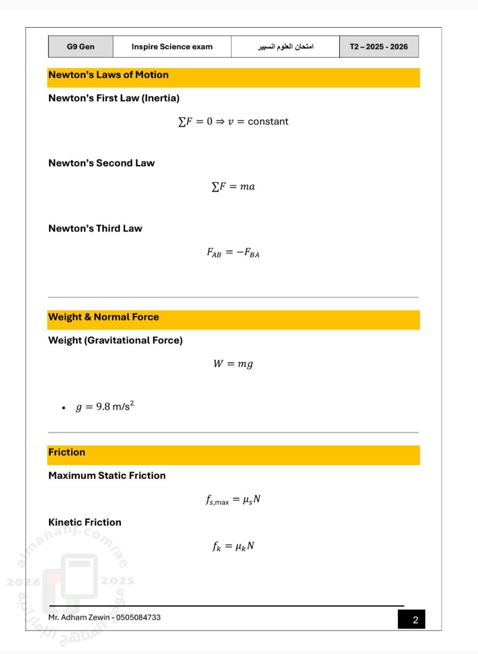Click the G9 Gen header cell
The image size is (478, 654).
tap(80, 47)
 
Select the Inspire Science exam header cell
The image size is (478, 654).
tap(172, 47)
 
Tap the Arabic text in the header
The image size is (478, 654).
tap(285, 47)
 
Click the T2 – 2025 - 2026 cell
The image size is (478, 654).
tap(378, 47)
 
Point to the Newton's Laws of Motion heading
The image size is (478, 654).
tap(108, 75)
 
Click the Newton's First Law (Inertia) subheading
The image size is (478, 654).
tap(113, 98)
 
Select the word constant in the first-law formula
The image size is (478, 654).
tap(268, 122)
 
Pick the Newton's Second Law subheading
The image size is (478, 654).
tap(101, 163)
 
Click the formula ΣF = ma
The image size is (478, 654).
tap(233, 187)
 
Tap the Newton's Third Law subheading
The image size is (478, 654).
tap(95, 228)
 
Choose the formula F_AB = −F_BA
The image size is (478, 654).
tap(233, 253)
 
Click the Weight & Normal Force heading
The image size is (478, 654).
tap(103, 317)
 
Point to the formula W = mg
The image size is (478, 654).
tap(233, 364)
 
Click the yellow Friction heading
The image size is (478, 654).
tap(67, 453)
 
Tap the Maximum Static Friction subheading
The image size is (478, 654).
tap(107, 476)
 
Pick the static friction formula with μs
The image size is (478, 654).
tap(233, 500)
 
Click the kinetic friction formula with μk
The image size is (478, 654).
tap(233, 546)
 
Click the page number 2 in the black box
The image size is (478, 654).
tap(415, 620)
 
